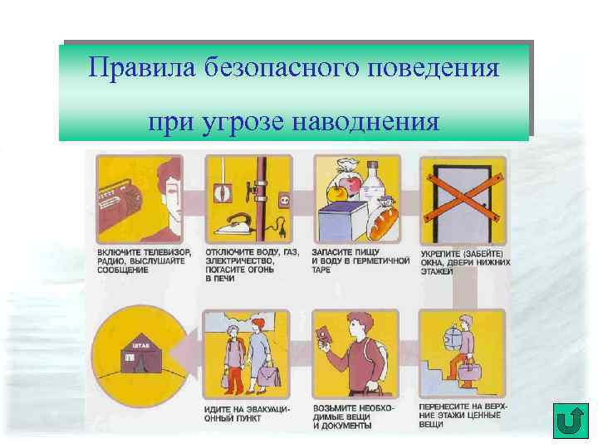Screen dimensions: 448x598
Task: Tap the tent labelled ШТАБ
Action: pos(137,353)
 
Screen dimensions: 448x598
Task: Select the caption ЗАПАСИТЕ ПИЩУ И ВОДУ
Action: pos(358,261)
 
